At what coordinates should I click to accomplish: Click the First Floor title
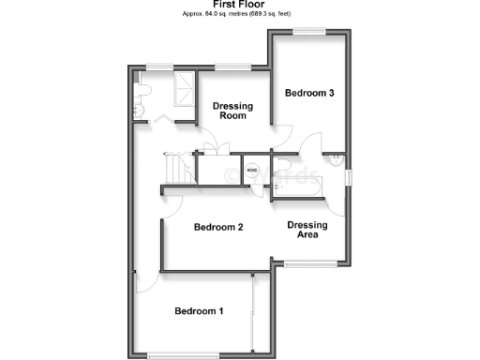coord(239,5)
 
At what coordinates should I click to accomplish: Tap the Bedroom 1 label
coord(199,311)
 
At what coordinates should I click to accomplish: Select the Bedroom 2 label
coord(218,228)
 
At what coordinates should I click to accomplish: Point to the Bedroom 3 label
coord(309,94)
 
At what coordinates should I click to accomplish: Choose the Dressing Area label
coord(307,231)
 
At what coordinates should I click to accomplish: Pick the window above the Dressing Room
coord(231,66)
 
